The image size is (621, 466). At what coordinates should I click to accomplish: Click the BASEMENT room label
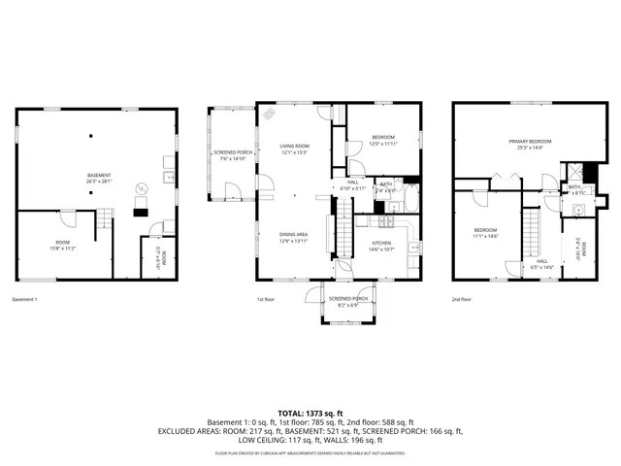click(x=100, y=175)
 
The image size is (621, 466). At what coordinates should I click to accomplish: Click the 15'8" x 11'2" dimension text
click(x=62, y=248)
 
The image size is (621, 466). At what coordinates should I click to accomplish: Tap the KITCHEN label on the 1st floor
click(x=382, y=243)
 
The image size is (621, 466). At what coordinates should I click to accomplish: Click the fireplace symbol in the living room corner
click(x=273, y=114)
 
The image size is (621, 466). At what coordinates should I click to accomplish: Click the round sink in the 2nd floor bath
click(x=580, y=207)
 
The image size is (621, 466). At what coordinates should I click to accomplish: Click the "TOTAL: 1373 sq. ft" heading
click(x=310, y=414)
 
